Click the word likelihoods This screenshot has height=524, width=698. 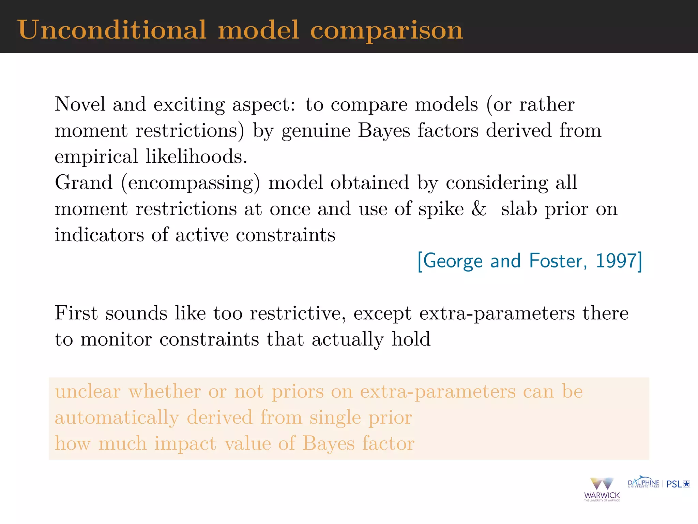click(x=196, y=157)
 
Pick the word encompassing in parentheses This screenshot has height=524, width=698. click(x=191, y=183)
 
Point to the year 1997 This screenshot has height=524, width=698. click(x=616, y=261)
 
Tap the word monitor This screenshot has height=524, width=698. click(x=116, y=339)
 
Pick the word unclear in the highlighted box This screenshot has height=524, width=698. click(x=88, y=391)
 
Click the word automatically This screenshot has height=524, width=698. click(x=117, y=418)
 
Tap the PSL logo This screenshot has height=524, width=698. click(x=678, y=484)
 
